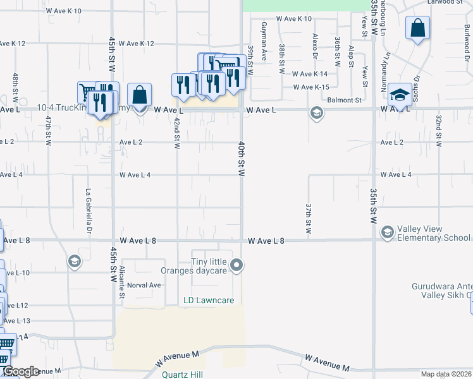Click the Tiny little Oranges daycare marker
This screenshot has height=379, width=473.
coord(236,265)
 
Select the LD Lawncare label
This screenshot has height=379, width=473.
coord(209,301)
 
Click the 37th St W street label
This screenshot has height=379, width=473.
coord(309,218)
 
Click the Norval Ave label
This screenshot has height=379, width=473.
coord(144,285)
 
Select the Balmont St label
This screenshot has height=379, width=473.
coord(344,100)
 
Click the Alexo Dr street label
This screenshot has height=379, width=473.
coord(314,42)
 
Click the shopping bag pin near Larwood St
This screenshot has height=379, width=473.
coord(417,28)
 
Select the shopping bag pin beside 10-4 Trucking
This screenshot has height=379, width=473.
coord(139,95)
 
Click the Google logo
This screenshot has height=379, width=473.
coord(20,371)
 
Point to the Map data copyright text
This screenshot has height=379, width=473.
coord(446,374)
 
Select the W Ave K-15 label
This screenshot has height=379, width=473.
coord(311,87)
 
